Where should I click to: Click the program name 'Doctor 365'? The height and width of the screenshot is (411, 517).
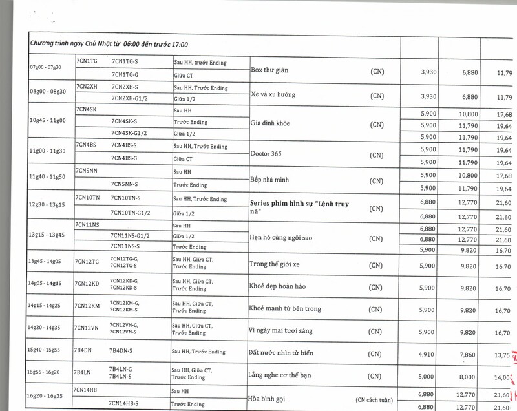(x=268, y=154)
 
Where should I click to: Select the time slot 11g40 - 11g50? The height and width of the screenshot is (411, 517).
(x=47, y=176)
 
